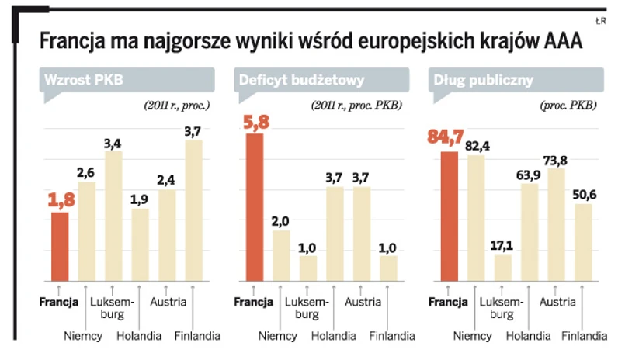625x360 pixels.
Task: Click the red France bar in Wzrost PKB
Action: click(60, 246)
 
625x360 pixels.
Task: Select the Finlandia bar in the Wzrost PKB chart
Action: click(193, 209)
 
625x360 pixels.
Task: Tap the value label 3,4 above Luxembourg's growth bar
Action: click(113, 144)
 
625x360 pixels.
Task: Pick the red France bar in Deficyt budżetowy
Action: click(255, 206)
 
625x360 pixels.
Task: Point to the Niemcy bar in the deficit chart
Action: click(281, 255)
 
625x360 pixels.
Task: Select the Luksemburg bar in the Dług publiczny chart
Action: click(503, 267)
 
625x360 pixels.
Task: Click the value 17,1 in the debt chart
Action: click(503, 245)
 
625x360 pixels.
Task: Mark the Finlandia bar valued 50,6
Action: click(583, 241)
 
